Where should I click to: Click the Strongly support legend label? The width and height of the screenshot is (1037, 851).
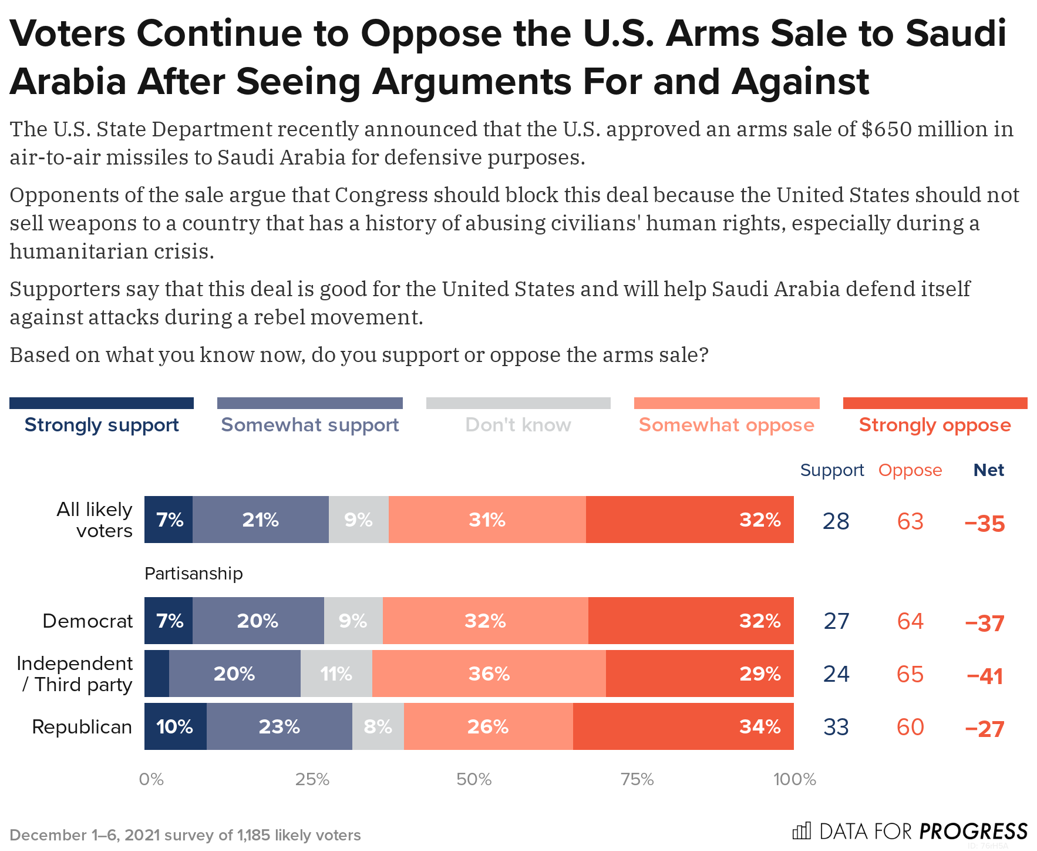click(102, 425)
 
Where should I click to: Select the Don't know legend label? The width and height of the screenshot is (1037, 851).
click(518, 425)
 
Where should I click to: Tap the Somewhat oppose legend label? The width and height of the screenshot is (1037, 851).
click(726, 425)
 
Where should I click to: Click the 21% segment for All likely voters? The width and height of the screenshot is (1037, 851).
click(260, 520)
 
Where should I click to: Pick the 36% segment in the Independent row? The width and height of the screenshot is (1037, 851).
click(489, 674)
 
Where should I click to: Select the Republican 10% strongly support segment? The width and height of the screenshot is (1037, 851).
click(175, 726)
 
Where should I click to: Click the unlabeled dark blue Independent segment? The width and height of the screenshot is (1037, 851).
click(157, 674)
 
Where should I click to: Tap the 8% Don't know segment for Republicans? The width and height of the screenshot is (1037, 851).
click(378, 726)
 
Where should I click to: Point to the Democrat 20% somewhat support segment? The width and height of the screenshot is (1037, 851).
click(258, 621)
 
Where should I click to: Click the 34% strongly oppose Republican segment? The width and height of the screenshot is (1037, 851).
click(683, 726)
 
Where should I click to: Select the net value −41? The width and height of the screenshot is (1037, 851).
click(985, 676)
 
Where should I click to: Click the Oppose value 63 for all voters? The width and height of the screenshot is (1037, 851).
click(910, 521)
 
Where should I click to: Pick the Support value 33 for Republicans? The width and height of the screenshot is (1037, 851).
click(836, 727)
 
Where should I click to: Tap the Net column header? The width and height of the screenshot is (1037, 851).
click(988, 470)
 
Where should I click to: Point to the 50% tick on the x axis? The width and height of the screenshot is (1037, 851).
click(473, 779)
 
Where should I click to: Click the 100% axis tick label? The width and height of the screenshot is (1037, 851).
click(794, 779)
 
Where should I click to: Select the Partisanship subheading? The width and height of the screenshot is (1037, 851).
click(194, 574)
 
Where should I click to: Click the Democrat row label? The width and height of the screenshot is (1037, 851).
click(88, 621)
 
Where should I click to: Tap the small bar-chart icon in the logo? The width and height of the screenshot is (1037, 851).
click(801, 830)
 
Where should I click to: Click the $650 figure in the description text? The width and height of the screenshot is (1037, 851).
click(887, 129)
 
